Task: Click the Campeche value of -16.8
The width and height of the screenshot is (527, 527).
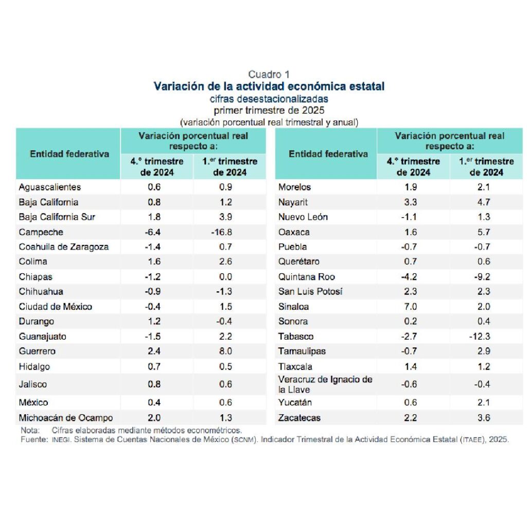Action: pyautogui.click(x=221, y=232)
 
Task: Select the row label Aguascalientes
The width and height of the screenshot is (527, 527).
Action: pyautogui.click(x=50, y=187)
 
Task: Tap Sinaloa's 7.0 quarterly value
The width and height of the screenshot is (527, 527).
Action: pyautogui.click(x=410, y=307)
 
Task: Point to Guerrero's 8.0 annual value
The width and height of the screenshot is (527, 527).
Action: pyautogui.click(x=225, y=351)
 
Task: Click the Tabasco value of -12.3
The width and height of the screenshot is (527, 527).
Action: pyautogui.click(x=480, y=337)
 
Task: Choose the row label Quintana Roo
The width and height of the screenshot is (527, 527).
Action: pyautogui.click(x=307, y=277)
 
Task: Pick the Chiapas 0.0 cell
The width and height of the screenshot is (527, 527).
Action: pyautogui.click(x=225, y=277)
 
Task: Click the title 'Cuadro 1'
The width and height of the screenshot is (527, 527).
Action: pyautogui.click(x=269, y=74)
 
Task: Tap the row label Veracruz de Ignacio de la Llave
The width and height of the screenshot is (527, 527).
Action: pyautogui.click(x=325, y=384)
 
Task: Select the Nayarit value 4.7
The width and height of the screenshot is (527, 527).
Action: pyautogui.click(x=484, y=202)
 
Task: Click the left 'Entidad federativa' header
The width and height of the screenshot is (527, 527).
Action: pyautogui.click(x=69, y=154)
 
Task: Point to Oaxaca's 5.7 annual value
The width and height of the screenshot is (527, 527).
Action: pyautogui.click(x=484, y=232)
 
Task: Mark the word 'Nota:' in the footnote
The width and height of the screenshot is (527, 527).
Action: pyautogui.click(x=30, y=430)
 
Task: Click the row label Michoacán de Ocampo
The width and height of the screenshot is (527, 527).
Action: pyautogui.click(x=66, y=418)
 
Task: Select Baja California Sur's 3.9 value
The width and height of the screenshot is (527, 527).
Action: pyautogui.click(x=225, y=217)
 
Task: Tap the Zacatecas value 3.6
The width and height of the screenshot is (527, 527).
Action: pyautogui.click(x=484, y=418)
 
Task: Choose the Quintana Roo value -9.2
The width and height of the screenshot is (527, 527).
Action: pyautogui.click(x=482, y=277)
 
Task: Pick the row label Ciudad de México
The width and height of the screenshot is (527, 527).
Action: pyautogui.click(x=56, y=307)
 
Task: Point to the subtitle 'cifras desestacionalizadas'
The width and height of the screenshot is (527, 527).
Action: pyautogui.click(x=269, y=99)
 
